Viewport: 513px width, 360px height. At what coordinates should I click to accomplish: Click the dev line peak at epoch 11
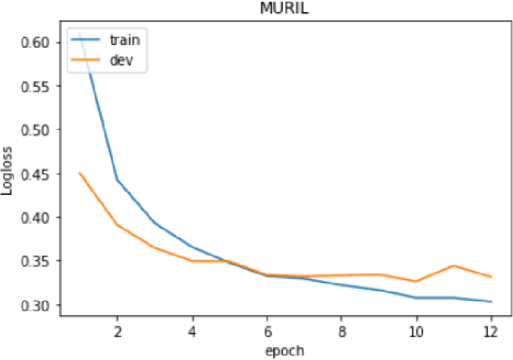[x=454, y=265]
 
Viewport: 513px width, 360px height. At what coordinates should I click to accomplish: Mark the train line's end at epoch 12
[x=491, y=301]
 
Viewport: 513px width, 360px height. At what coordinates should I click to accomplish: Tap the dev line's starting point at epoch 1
[x=79, y=172]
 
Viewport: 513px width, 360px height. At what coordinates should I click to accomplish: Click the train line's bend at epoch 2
[x=117, y=180]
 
